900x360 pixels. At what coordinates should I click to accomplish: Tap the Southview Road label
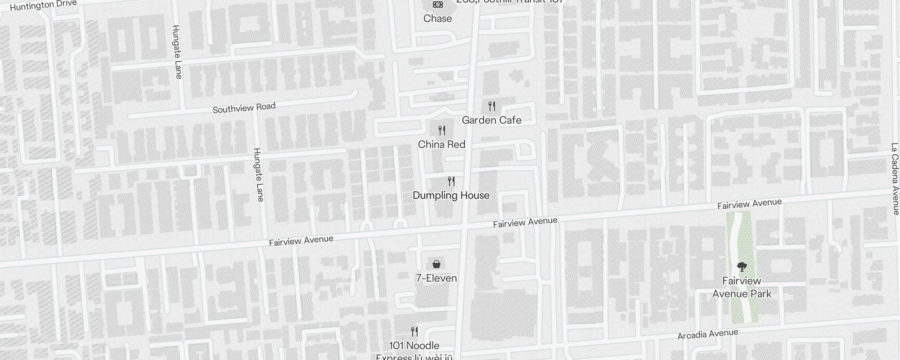(x=244, y=108)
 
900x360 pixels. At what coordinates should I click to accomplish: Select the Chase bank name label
(x=437, y=18)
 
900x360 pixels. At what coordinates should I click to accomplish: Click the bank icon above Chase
(x=437, y=4)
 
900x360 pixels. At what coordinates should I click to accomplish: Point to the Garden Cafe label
(x=491, y=120)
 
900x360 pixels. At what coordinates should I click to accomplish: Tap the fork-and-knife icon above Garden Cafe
(x=492, y=106)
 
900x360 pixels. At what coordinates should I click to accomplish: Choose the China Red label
(x=441, y=144)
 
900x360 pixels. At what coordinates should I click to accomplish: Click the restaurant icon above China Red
(x=442, y=130)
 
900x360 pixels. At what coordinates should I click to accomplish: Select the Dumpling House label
(x=451, y=195)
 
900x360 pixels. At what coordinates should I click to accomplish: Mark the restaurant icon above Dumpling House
(x=451, y=181)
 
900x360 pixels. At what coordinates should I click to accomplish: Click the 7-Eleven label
(x=436, y=278)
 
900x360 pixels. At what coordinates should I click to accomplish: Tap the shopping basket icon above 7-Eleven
(x=436, y=264)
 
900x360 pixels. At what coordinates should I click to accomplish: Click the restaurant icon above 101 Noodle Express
(x=414, y=332)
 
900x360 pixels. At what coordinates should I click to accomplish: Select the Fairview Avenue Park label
(x=742, y=287)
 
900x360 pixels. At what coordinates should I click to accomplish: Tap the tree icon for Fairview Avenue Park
(x=742, y=267)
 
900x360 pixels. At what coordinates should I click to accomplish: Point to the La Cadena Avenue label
(x=895, y=179)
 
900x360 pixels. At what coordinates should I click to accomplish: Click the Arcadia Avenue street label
(x=708, y=334)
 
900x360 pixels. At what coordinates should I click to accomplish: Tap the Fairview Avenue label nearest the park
(x=749, y=204)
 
